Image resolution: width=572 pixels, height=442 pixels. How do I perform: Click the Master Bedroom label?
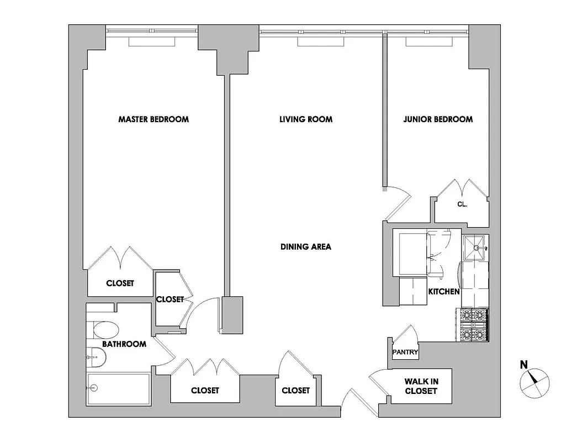tap(153, 119)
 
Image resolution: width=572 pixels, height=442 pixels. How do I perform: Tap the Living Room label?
tap(305, 119)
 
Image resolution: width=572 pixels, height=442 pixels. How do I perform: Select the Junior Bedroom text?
tap(438, 119)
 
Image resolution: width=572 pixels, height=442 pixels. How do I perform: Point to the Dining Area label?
tap(305, 247)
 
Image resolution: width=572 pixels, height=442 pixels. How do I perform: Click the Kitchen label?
tap(444, 291)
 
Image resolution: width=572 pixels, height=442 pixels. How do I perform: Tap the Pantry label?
tap(405, 352)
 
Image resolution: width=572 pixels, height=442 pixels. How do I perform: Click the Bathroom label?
tap(124, 344)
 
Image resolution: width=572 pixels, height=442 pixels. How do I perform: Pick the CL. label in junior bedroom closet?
tap(462, 204)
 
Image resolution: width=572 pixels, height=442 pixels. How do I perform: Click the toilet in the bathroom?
tap(105, 330)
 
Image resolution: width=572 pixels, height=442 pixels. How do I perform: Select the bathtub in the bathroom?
tap(118, 390)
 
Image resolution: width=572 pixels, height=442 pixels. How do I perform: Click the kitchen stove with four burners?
tap(474, 325)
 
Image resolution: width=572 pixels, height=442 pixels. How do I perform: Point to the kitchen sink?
tap(475, 247)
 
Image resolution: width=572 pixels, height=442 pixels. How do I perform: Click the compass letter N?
tap(523, 364)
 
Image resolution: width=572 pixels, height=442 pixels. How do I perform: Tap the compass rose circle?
tap(535, 382)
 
